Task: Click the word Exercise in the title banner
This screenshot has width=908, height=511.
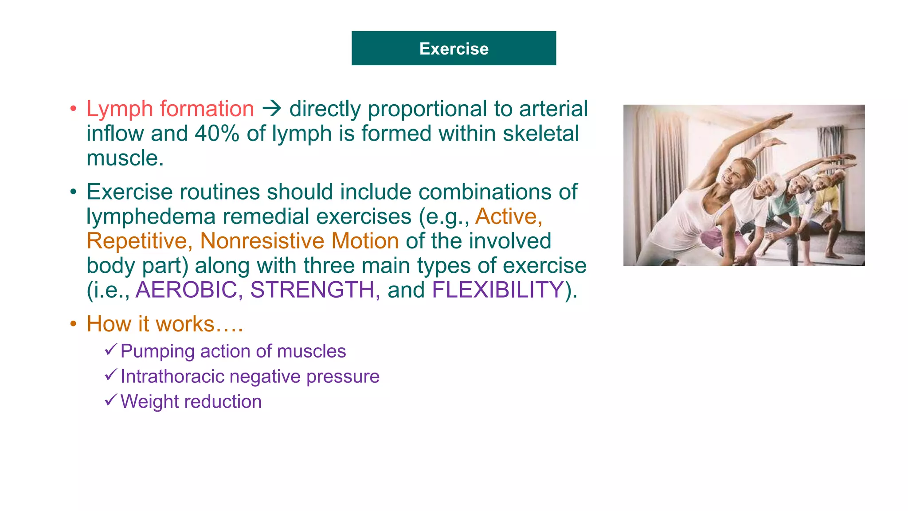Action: click(454, 49)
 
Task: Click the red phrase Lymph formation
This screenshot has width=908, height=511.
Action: click(170, 109)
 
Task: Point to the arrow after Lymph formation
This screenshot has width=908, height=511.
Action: click(272, 108)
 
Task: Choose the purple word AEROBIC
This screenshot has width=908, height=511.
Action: click(186, 290)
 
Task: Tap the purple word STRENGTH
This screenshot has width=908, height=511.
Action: click(312, 290)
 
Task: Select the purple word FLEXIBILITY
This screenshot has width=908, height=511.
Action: click(497, 290)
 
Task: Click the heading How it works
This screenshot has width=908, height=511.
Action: click(164, 324)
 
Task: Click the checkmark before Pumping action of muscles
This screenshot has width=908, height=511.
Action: click(111, 350)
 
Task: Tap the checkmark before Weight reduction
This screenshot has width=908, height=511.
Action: click(111, 400)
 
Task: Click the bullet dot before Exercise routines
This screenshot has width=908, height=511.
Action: click(73, 193)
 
